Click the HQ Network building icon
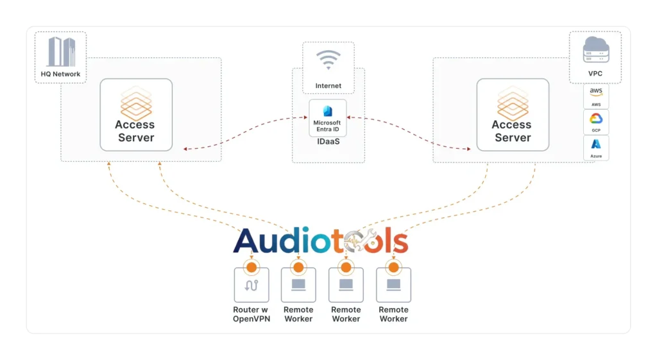[x=61, y=51]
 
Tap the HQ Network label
[x=61, y=74]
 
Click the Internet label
[x=328, y=86]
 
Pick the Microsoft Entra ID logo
[x=327, y=111]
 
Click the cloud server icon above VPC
[x=595, y=49]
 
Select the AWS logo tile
[x=596, y=96]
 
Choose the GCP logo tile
[x=596, y=122]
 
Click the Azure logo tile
[x=596, y=148]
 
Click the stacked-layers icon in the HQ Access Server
[x=135, y=103]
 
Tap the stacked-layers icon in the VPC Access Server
[x=512, y=103]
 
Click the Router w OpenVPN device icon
[x=252, y=285]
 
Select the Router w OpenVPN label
[x=251, y=314]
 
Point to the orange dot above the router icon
[x=252, y=267]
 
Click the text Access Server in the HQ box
[x=135, y=131]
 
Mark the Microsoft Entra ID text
[x=327, y=126]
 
